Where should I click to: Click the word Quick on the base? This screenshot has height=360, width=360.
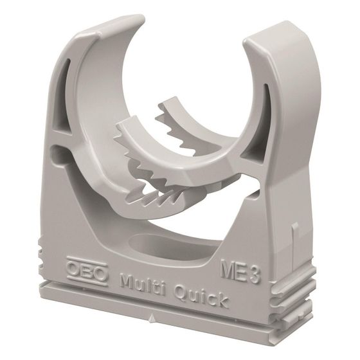point(201,297)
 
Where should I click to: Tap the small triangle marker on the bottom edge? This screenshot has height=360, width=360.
point(151,319)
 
